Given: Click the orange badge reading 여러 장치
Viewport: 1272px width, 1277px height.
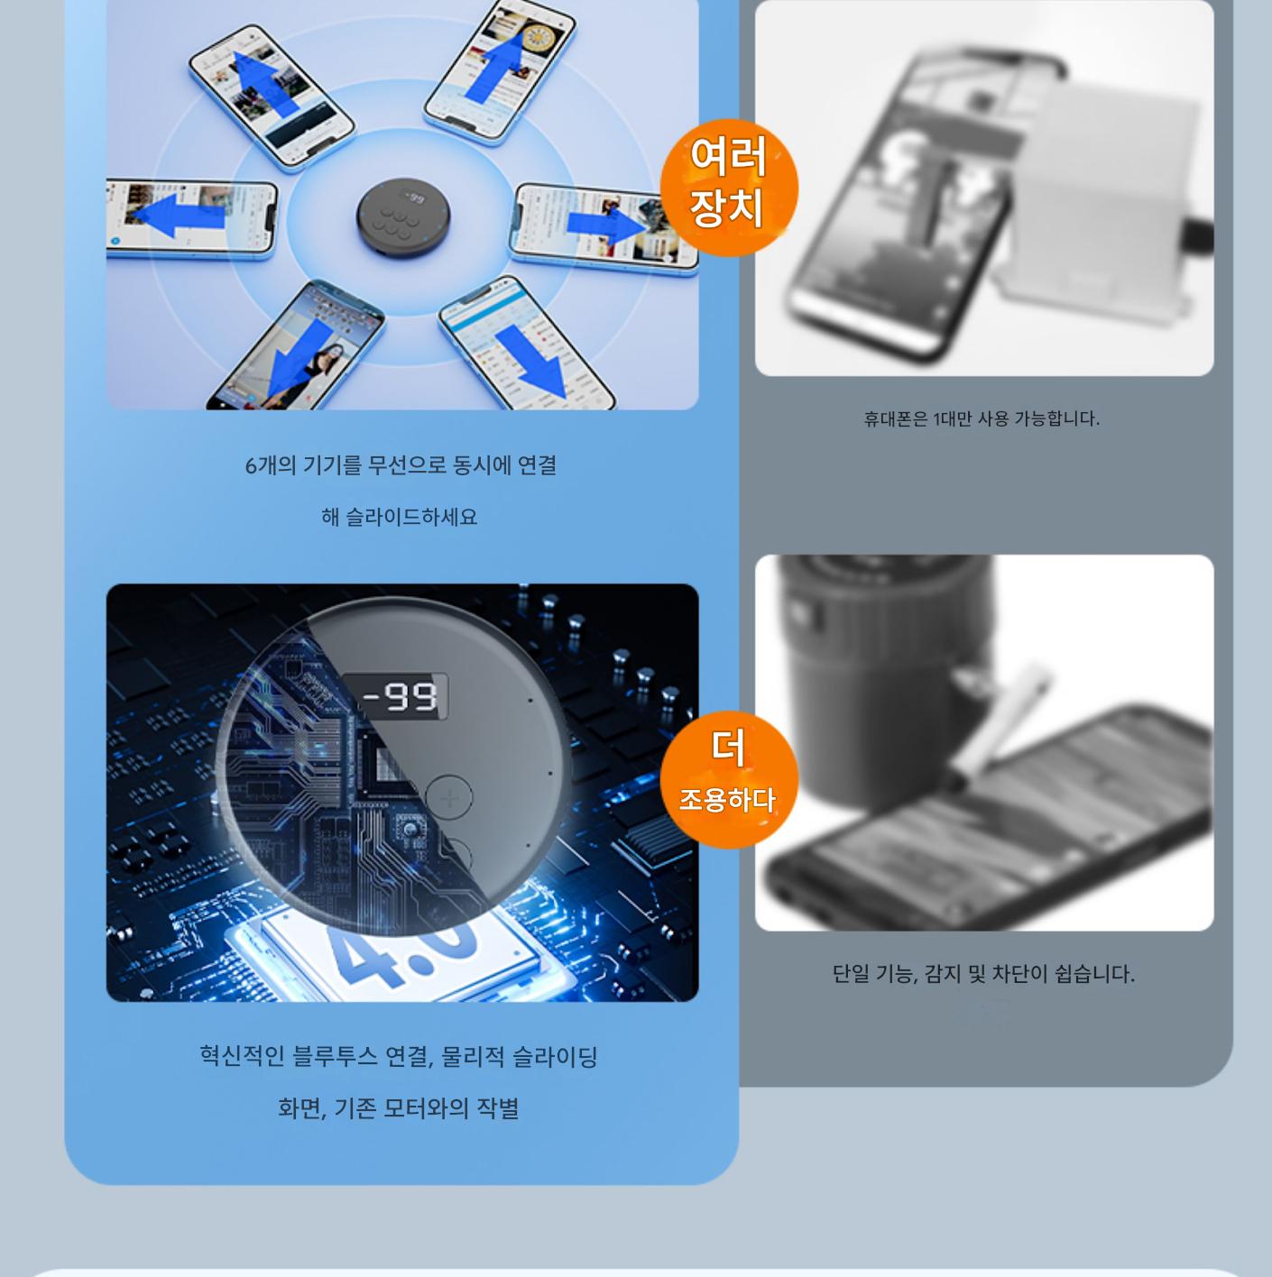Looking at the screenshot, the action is tap(728, 188).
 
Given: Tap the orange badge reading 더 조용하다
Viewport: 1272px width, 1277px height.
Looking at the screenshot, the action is tap(728, 779).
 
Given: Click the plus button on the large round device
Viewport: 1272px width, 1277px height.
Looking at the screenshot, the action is tap(449, 798).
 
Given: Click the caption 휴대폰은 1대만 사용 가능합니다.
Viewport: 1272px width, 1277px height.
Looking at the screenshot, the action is tap(981, 418).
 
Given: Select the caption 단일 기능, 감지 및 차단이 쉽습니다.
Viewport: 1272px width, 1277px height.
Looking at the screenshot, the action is tap(983, 973).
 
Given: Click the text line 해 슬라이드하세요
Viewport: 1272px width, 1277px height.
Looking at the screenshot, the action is tap(400, 517).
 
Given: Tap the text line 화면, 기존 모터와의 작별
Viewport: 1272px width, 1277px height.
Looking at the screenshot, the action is tap(399, 1108).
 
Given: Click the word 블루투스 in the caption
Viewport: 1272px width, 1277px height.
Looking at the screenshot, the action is tap(335, 1056).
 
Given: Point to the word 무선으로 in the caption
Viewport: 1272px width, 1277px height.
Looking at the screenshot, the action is tap(407, 465).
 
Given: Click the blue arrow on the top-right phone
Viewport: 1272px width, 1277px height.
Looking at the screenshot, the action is tap(496, 64).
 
